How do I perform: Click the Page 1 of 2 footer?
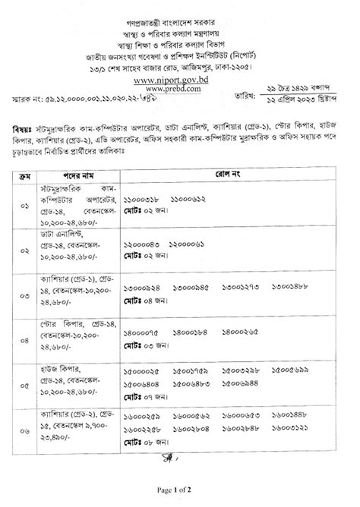click(179, 493)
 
